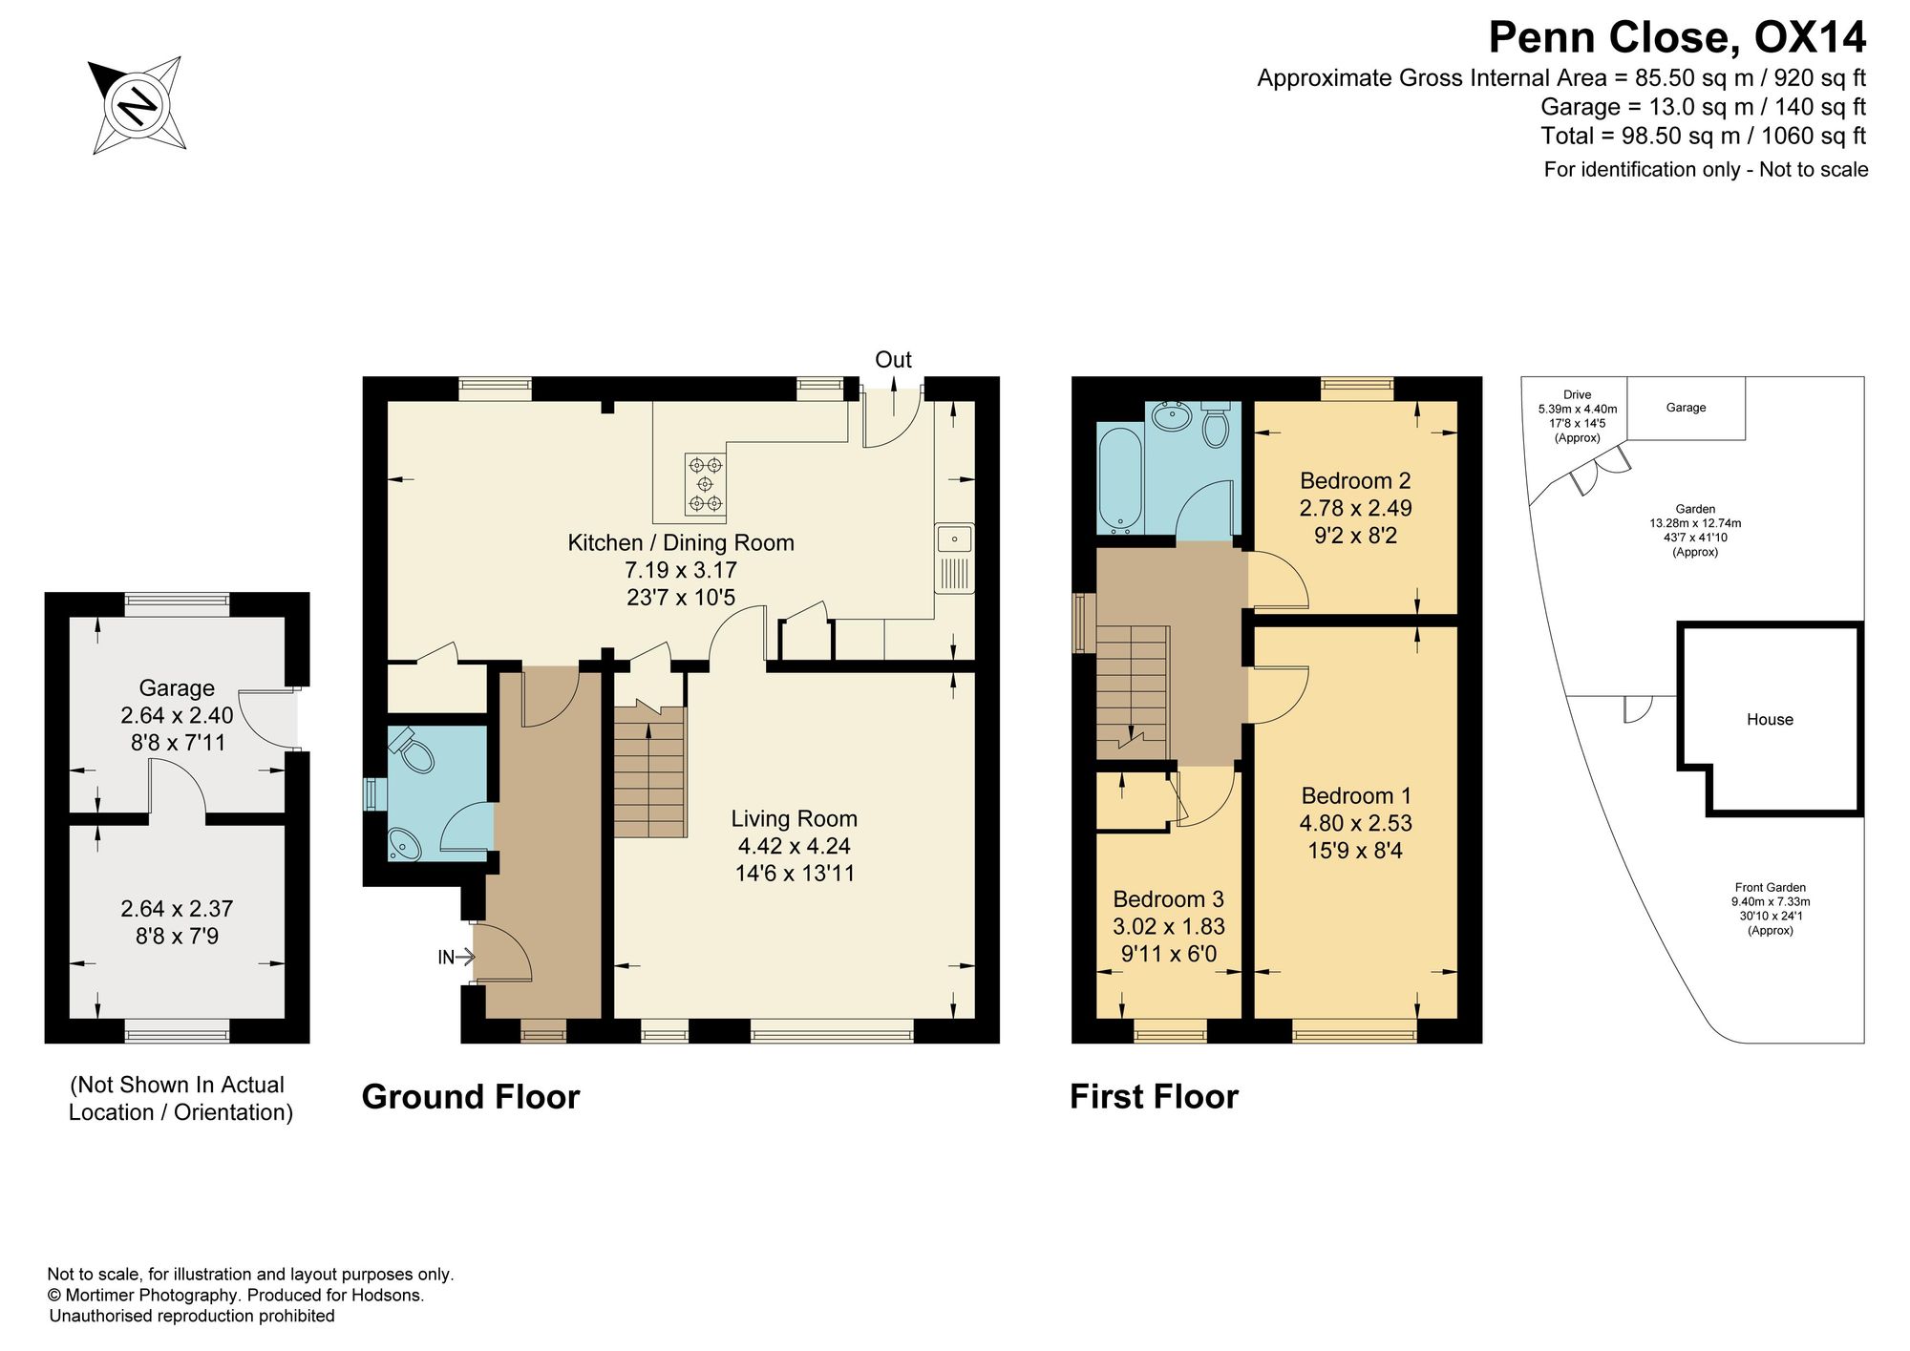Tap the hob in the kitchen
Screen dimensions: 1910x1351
click(x=706, y=484)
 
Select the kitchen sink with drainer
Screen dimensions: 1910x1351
click(x=954, y=559)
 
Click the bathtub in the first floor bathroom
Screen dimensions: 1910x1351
click(x=1120, y=480)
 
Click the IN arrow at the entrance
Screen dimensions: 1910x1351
click(x=456, y=957)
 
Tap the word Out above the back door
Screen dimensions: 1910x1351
click(x=894, y=360)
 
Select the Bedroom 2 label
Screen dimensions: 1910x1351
click(x=1355, y=480)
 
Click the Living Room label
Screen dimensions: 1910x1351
click(x=795, y=818)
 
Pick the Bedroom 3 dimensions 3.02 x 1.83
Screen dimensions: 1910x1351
click(x=1169, y=926)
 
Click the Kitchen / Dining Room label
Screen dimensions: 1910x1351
click(x=681, y=542)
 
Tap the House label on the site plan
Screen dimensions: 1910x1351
click(x=1770, y=720)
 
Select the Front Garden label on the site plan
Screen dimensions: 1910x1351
click(x=1771, y=887)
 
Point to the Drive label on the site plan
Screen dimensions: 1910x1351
click(x=1578, y=394)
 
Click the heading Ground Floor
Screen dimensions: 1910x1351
click(x=471, y=1097)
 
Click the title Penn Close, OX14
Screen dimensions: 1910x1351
click(x=1677, y=38)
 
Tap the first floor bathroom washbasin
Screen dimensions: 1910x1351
click(x=1171, y=417)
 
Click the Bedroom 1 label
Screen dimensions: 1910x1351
click(x=1355, y=795)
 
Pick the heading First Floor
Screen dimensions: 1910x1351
click(x=1154, y=1097)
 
